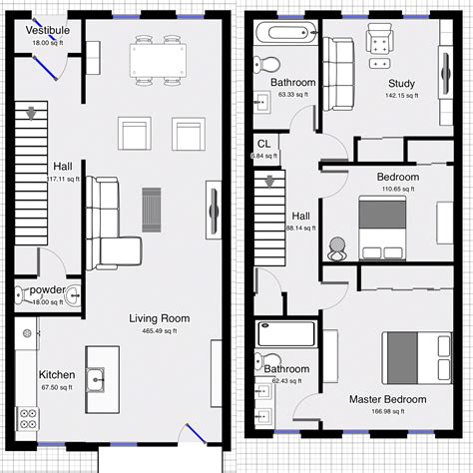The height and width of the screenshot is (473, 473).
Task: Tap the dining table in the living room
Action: coord(159,62)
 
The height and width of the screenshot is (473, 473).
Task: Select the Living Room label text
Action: coord(159,319)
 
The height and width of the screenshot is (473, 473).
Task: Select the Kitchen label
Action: coord(57,375)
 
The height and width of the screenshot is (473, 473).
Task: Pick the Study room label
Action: coord(401,84)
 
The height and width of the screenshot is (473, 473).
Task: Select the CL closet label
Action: coord(263,144)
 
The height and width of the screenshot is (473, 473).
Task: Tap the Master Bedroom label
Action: coord(387,399)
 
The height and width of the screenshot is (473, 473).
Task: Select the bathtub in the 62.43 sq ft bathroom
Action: coord(286,334)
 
